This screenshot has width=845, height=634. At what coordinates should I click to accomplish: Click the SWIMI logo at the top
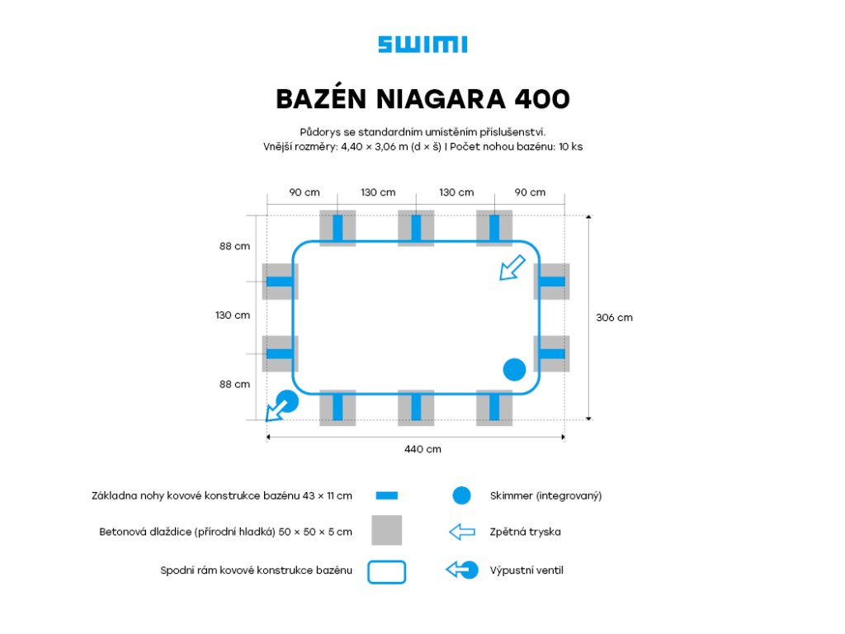(x=422, y=45)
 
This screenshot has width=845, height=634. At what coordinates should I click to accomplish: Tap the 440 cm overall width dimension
(x=422, y=449)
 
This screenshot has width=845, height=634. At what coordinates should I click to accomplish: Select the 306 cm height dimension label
(x=614, y=317)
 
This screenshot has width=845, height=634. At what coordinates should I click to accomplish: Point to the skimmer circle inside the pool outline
(x=514, y=370)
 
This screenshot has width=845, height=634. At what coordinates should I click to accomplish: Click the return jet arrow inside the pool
(x=512, y=267)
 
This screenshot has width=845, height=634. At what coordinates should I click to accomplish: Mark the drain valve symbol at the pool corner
(x=281, y=405)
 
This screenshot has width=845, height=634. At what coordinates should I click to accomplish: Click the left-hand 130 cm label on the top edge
(x=378, y=192)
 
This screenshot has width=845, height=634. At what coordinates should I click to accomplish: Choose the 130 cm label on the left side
(x=233, y=315)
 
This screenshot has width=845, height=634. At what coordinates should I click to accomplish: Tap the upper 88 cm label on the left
(x=234, y=246)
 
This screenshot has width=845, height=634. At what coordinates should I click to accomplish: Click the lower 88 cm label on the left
(x=234, y=384)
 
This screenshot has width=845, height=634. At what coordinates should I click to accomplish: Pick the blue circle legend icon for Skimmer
(x=461, y=495)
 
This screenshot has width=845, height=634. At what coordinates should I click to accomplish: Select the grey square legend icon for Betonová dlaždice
(x=386, y=530)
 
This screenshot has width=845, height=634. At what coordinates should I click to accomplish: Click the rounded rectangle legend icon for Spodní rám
(x=386, y=571)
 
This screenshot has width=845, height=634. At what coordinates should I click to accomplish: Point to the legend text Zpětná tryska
(x=525, y=532)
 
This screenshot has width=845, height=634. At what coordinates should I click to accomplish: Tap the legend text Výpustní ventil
(x=526, y=570)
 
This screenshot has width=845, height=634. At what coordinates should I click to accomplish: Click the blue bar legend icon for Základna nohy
(x=386, y=495)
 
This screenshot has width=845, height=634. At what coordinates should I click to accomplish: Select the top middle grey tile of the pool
(x=416, y=228)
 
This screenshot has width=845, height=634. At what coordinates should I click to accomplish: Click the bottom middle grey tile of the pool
(x=416, y=407)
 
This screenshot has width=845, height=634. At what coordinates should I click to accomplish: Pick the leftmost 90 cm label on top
(x=304, y=192)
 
